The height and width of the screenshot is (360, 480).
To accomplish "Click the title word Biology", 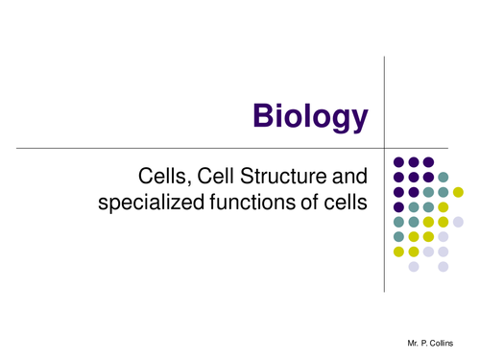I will (x=310, y=116).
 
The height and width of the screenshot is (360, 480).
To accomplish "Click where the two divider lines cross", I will (x=384, y=147).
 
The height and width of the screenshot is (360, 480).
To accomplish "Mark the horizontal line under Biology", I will (x=192, y=147).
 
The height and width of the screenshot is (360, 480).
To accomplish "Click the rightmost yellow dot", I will (x=458, y=191).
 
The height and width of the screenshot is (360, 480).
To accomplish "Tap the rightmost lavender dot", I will (x=459, y=222).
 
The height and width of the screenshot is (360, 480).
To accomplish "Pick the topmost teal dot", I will (x=444, y=177).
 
